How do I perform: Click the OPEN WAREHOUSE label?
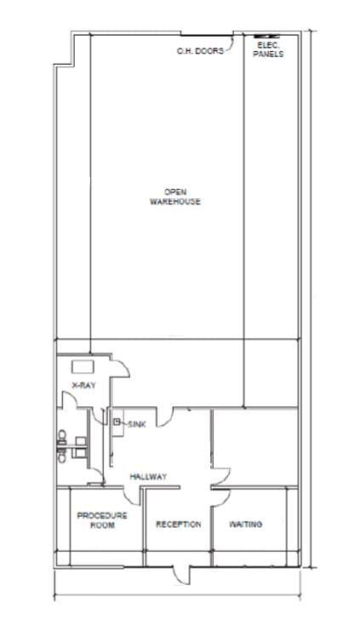175,197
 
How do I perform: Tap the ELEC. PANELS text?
268,49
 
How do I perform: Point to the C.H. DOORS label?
200,51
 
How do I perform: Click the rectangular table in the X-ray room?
83,367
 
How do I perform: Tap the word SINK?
138,423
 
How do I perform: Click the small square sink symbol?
117,421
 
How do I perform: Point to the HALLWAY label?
148,476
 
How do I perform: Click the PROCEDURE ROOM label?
102,519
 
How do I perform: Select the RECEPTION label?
178,524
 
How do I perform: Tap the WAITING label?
245,524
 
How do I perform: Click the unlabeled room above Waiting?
254,447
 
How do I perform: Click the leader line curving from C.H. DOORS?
228,44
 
